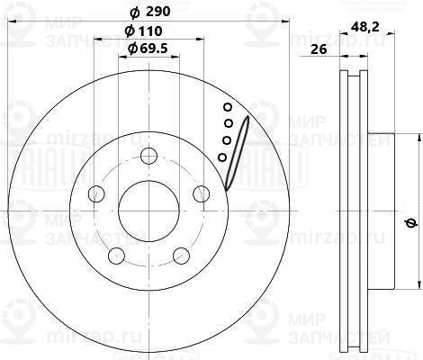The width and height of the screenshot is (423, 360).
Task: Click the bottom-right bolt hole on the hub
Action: (180, 253)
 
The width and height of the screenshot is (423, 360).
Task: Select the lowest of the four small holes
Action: (222, 157)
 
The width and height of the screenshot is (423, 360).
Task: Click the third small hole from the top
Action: (226, 139)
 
